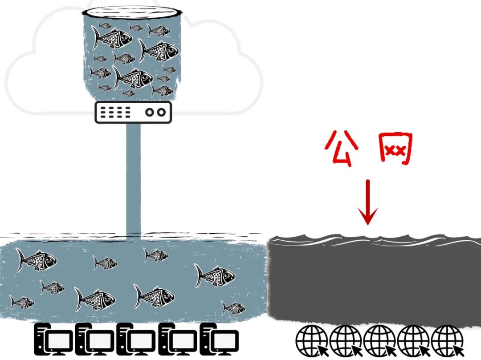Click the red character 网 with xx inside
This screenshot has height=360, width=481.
(395, 149)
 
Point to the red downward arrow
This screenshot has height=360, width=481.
(368, 202)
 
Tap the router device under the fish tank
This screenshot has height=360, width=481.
(133, 112)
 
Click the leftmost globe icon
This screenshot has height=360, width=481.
(312, 340)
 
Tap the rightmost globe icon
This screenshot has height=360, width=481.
(447, 340)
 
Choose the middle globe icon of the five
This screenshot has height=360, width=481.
(379, 340)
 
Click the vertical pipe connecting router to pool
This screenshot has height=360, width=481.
(133, 178)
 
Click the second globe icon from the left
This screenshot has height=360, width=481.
(346, 340)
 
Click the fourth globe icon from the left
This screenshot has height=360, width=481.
(413, 340)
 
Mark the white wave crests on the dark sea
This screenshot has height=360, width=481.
(374, 240)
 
